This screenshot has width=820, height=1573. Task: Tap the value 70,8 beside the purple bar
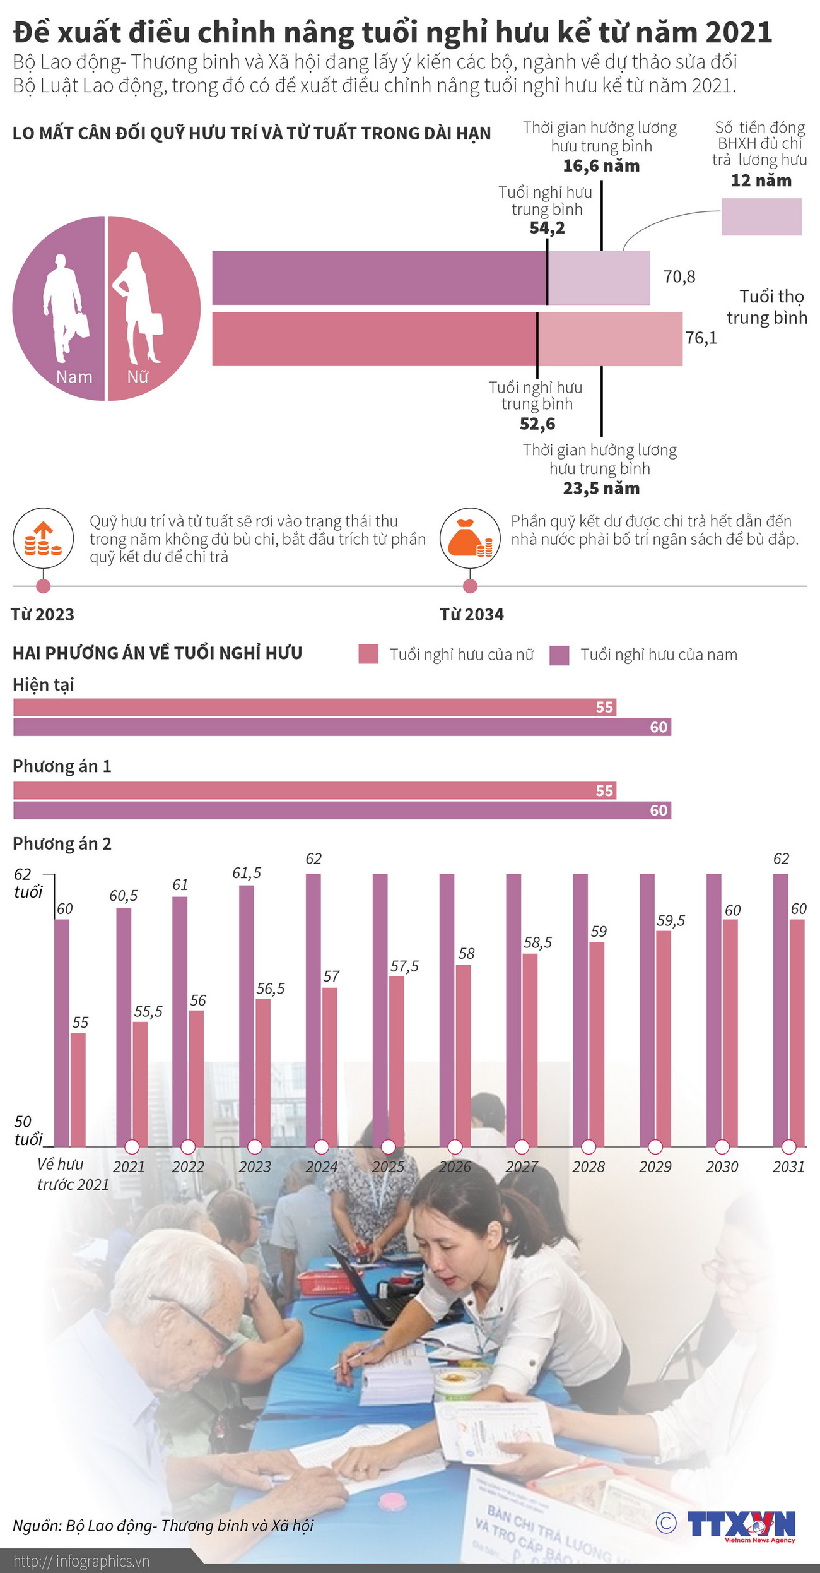(x=679, y=276)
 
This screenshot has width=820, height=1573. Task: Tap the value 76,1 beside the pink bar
(x=701, y=338)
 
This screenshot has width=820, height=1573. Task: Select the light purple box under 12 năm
(x=761, y=217)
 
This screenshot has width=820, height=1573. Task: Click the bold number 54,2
(x=547, y=228)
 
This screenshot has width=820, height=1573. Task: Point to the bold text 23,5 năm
(x=600, y=489)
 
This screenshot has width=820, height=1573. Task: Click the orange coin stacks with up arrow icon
(x=43, y=538)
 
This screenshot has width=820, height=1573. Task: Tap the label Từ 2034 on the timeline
(x=471, y=615)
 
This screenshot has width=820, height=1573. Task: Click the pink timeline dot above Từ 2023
(x=43, y=586)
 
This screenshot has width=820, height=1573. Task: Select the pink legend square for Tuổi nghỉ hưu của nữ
(x=368, y=655)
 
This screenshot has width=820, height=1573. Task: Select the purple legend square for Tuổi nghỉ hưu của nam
(x=559, y=655)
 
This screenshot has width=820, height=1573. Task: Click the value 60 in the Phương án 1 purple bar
(x=659, y=810)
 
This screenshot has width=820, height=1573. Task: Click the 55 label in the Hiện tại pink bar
(x=604, y=708)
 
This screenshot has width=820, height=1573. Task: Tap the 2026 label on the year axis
(x=455, y=1167)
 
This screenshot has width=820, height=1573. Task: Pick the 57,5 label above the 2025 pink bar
(x=404, y=966)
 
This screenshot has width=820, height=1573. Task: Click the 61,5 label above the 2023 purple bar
(x=246, y=873)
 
